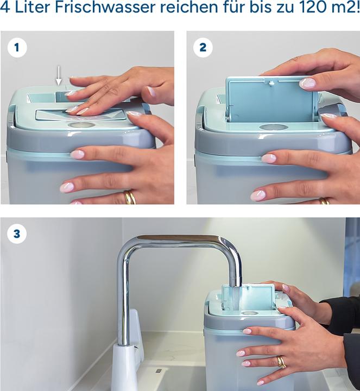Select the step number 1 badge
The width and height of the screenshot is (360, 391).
point(17,48)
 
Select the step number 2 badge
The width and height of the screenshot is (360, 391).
point(203,48)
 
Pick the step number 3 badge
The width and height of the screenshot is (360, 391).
point(17,235)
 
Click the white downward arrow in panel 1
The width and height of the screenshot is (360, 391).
point(59,74)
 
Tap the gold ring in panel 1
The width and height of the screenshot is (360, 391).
point(130,197)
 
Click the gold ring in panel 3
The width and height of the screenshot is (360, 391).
point(281,362)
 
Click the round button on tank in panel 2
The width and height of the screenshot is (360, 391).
point(273,127)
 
